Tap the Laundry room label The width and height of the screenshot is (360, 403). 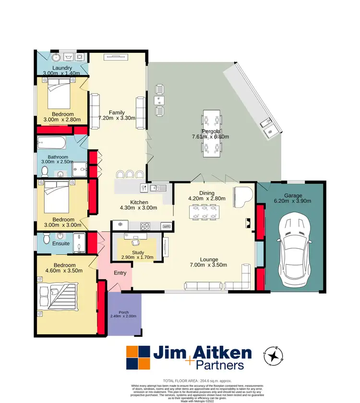tap(62, 68)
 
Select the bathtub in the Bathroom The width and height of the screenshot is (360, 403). tap(52, 143)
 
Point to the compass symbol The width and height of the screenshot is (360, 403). tap(274, 356)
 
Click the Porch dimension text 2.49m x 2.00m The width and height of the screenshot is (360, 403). tap(123, 316)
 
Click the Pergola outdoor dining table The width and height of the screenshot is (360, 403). tap(212, 133)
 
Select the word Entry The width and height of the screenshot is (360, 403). tap(120, 273)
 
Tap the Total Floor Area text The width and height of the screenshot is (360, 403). tap(181, 379)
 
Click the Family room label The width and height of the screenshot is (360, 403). tap(117, 112)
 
